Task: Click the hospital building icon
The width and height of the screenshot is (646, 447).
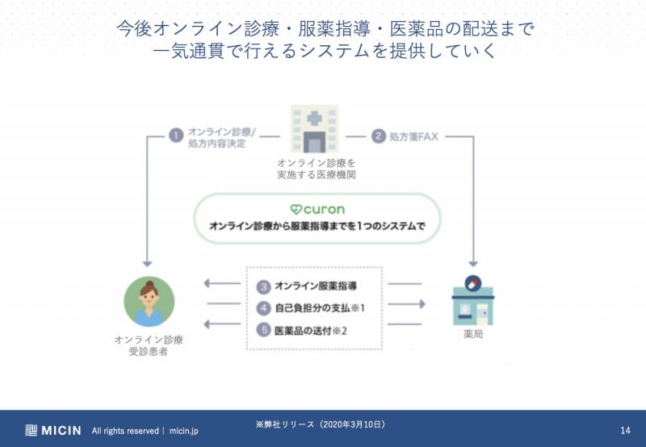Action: (x=314, y=130)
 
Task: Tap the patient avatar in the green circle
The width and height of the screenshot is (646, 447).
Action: (x=149, y=301)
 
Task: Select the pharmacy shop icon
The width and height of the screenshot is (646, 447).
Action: (x=472, y=299)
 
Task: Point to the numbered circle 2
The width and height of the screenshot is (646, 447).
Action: (x=378, y=136)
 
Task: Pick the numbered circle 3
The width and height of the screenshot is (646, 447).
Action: (x=263, y=286)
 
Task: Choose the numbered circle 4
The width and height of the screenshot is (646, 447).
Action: (x=263, y=307)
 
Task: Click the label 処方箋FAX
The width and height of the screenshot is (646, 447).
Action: (x=415, y=136)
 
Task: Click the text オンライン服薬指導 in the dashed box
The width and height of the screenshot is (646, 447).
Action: (x=316, y=286)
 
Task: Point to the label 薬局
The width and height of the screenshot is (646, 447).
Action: (x=473, y=334)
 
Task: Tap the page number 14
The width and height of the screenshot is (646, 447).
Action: (x=625, y=430)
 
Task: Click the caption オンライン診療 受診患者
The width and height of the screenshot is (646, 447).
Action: (x=149, y=345)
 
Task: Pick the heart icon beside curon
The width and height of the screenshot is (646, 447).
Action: (x=296, y=209)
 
